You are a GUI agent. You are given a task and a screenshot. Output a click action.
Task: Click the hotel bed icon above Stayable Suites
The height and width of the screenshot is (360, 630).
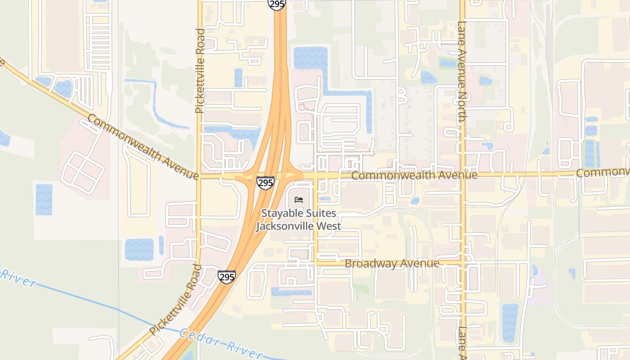click(x=299, y=200)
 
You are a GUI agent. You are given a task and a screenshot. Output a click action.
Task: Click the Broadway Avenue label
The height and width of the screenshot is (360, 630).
click(x=392, y=263)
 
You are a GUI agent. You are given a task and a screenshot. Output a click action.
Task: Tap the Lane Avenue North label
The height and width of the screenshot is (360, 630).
click(x=462, y=72)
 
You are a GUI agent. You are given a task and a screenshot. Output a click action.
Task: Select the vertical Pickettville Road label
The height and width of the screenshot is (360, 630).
click(x=200, y=71)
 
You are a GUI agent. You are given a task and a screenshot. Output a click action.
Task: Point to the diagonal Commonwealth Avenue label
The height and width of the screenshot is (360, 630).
click(x=143, y=147)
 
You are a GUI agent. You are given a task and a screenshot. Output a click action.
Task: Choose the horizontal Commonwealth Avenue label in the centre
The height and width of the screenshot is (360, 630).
click(x=414, y=175)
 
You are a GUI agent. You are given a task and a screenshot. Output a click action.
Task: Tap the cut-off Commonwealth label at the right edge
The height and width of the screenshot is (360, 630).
click(x=603, y=172)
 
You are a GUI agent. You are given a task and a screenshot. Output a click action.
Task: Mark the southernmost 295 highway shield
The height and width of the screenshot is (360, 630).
click(x=226, y=276)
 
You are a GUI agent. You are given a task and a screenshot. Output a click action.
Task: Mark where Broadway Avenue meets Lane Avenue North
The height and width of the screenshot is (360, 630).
click(x=463, y=263)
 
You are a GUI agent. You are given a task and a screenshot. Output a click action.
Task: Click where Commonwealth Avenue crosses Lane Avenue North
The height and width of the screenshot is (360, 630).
click(x=463, y=174)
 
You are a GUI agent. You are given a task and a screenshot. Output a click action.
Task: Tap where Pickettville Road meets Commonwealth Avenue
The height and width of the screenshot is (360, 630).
click(x=199, y=177)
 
